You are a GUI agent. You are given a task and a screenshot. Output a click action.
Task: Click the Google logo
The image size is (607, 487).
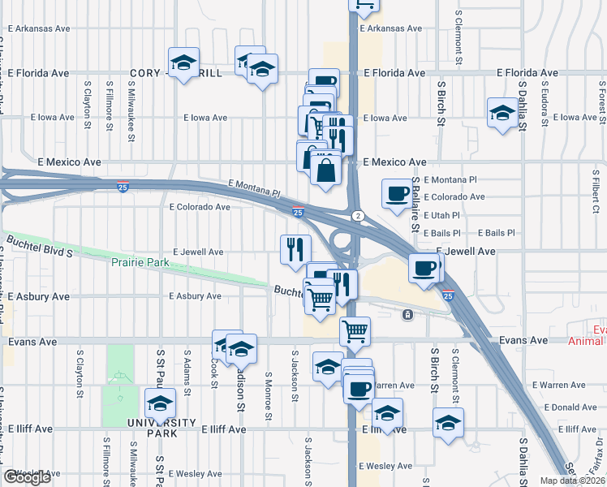point(27,477)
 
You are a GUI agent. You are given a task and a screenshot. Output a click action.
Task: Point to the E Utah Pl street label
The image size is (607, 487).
point(442,215)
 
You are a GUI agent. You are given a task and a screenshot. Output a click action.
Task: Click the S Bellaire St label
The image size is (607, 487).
point(415,205)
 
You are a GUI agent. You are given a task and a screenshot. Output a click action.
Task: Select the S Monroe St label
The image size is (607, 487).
point(268,397)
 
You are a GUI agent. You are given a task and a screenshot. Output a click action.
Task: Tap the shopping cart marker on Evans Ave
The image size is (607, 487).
point(355,330)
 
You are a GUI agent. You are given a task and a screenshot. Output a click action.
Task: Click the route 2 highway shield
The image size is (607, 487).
point(357,215)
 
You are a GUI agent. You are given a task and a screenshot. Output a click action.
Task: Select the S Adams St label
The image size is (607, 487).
point(187,374)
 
